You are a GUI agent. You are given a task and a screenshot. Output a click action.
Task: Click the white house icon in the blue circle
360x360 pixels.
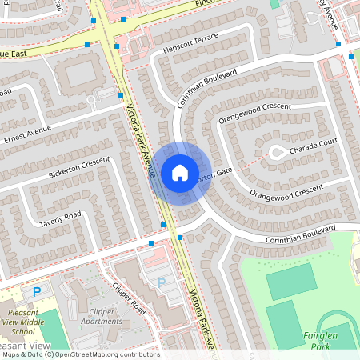point(180,172)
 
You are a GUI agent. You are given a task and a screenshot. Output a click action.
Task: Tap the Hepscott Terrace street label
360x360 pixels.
point(190,49)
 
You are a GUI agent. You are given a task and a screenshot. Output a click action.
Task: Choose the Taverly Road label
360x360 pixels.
point(61,218)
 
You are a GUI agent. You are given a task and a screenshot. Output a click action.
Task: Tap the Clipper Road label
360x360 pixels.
point(127,298)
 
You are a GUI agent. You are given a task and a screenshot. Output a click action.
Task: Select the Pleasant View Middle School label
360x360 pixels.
point(30,322)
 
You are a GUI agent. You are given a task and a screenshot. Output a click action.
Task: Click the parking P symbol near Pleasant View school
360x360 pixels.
point(36,293)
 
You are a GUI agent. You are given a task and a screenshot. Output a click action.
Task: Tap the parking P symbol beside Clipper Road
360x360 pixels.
point(162,282)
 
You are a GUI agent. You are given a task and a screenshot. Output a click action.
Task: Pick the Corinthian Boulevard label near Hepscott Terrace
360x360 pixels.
point(207,88)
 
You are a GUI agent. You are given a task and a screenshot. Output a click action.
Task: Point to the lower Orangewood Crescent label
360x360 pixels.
point(286,192)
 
